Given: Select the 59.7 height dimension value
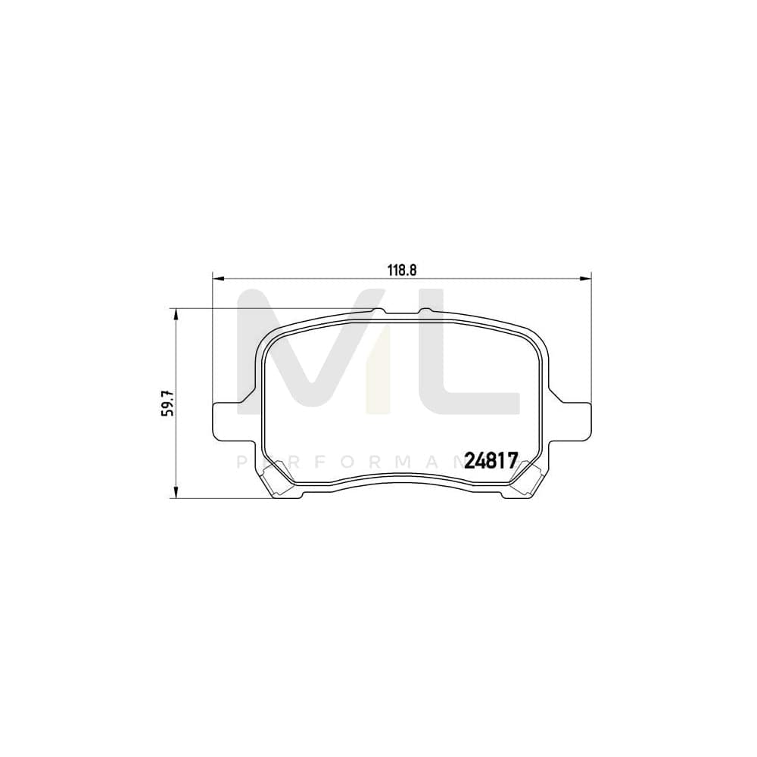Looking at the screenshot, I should (170, 403).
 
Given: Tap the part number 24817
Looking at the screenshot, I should (491, 460).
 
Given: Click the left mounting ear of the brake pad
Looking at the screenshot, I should (227, 420).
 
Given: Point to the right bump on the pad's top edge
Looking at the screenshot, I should (425, 310).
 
